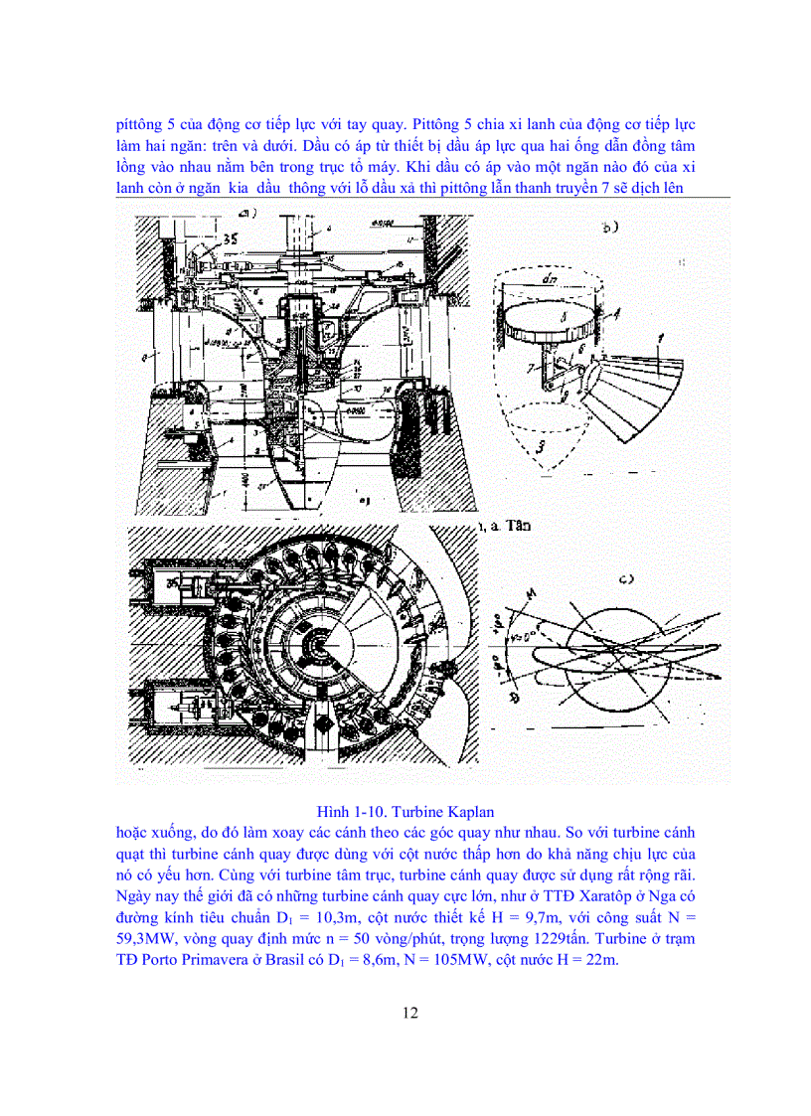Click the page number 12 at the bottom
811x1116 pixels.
point(409,1013)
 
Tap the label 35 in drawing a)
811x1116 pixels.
point(231,238)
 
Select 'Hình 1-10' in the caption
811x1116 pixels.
point(347,811)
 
